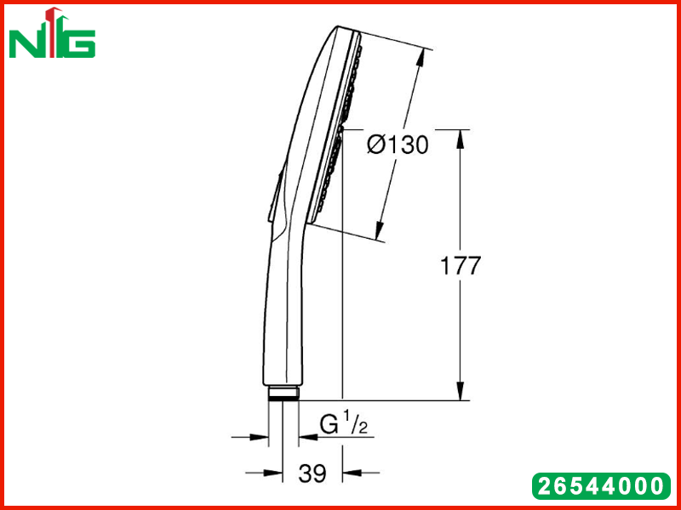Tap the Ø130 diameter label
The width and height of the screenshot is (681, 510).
coord(398,144)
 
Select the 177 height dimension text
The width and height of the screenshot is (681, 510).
coord(461,265)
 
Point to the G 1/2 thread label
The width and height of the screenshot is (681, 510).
coord(344,425)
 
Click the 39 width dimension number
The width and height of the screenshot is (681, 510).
coord(312,473)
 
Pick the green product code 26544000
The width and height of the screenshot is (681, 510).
coord(601,485)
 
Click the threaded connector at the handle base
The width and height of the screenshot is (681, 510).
coord(283,393)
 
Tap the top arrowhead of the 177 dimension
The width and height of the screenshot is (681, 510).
coord(461,139)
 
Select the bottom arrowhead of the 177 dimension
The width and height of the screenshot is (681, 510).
coord(461,391)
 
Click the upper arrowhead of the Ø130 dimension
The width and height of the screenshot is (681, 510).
coord(419,57)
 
